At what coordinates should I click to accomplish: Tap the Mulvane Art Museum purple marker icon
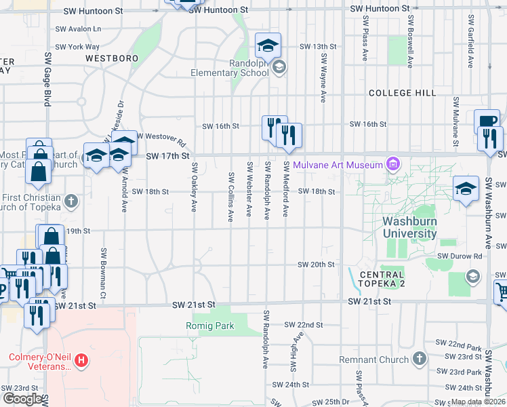[392, 163]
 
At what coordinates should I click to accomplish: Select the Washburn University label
[409, 227]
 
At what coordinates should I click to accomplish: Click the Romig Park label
[210, 326]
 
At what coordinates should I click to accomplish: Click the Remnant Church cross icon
[419, 357]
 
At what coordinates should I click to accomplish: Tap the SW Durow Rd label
[460, 256]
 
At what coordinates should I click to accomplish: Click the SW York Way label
[77, 47]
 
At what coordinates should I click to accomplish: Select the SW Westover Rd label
[161, 138]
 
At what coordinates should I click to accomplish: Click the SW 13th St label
[318, 47]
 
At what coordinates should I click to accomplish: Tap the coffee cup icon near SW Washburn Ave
[487, 121]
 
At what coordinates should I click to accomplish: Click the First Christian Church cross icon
[70, 201]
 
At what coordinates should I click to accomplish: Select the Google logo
[22, 399]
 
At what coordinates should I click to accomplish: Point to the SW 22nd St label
[303, 325]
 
